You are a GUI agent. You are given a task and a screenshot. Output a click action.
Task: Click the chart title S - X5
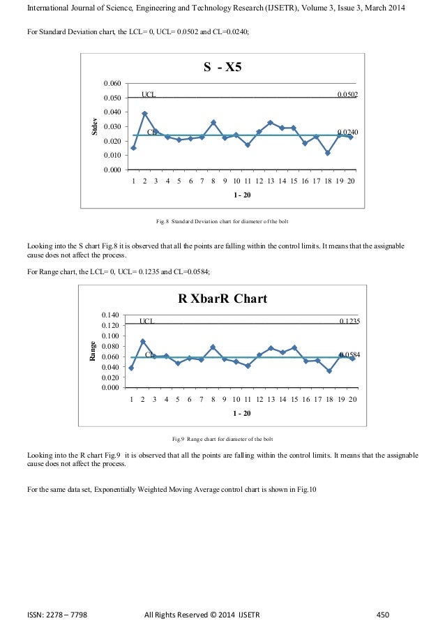(222, 67)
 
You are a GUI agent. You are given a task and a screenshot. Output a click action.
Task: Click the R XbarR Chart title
(222, 299)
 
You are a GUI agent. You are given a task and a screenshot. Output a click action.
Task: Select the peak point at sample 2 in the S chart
(144, 113)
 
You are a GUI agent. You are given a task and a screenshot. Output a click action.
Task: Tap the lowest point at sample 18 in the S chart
(327, 153)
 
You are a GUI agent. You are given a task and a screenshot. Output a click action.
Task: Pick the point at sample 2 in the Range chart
(143, 341)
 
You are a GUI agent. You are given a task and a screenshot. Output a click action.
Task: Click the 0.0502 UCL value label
(347, 94)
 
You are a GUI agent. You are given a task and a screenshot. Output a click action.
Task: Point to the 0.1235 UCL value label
(349, 321)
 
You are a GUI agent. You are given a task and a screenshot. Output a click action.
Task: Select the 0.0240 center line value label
(347, 132)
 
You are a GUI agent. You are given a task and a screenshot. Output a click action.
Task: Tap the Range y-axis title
(93, 351)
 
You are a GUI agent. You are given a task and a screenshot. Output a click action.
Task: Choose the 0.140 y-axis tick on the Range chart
(112, 315)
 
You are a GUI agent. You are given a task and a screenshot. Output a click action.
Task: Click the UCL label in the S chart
(149, 93)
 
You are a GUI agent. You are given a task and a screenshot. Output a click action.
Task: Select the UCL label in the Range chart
(146, 321)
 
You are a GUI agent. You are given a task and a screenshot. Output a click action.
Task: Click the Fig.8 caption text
(222, 222)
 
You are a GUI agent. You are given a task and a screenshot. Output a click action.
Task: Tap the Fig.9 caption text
(222, 439)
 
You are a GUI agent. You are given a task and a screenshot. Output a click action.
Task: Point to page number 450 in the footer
(382, 614)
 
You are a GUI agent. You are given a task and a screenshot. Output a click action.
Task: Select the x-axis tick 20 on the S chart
(351, 181)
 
